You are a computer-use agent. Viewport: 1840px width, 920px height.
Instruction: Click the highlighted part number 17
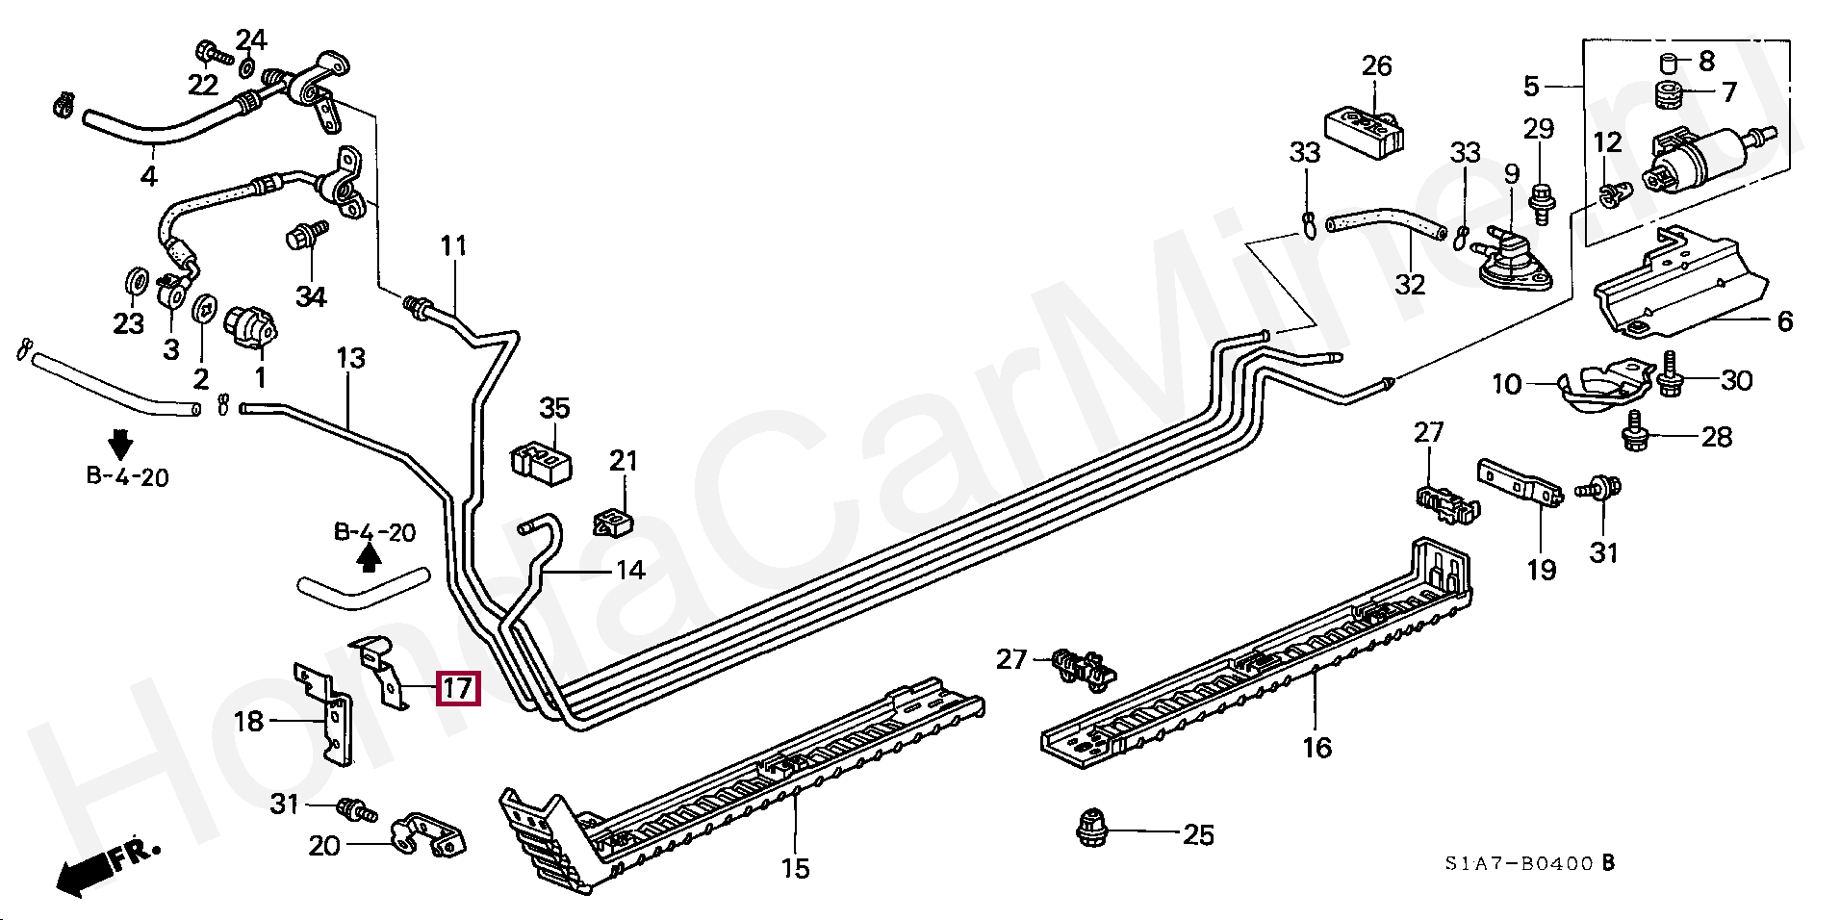[x=457, y=688]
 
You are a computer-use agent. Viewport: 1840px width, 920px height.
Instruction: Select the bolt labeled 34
[x=305, y=234]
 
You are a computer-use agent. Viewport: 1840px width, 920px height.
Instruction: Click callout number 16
[x=1316, y=747]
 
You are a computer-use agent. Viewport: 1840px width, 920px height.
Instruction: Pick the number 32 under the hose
[x=1410, y=285]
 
